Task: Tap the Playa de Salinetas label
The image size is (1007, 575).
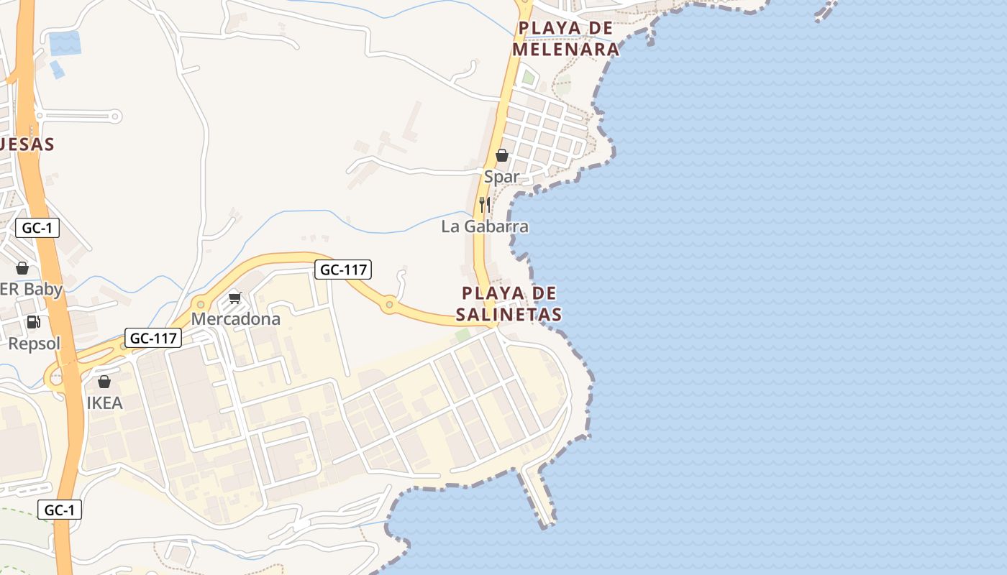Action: (509, 304)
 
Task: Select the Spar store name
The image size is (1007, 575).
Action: (501, 177)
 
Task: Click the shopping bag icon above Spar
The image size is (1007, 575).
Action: (502, 155)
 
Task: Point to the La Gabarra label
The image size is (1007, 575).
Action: (485, 226)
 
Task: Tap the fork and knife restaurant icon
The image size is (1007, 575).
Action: (485, 204)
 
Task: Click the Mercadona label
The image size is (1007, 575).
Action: (235, 318)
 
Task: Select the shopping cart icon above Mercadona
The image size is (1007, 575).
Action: (234, 298)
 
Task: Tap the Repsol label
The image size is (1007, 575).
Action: (35, 344)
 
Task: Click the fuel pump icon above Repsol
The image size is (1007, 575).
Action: (33, 322)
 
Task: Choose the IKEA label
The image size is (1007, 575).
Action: (105, 403)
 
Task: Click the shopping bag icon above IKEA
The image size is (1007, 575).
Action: (104, 382)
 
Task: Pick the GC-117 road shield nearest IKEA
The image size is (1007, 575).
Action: (152, 338)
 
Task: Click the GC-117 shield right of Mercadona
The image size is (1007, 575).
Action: (343, 270)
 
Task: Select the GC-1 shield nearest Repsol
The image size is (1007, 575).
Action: (37, 229)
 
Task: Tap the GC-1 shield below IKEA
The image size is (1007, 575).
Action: (59, 510)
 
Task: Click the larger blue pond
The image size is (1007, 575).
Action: (65, 43)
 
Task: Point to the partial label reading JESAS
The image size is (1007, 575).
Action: (27, 144)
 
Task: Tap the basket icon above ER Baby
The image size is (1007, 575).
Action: (22, 268)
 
